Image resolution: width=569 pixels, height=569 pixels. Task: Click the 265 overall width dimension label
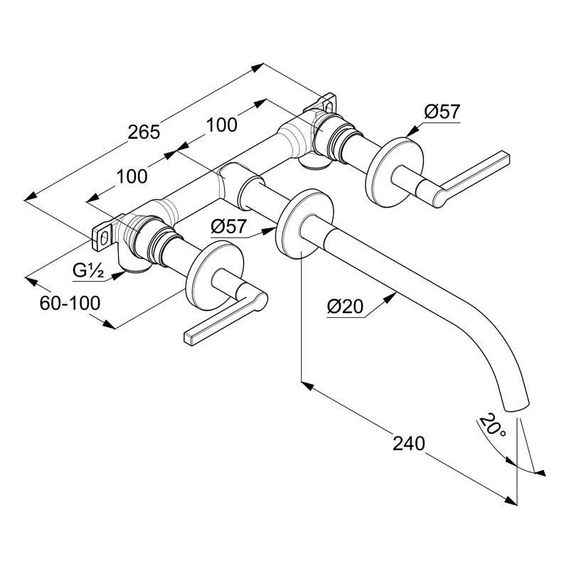pyautogui.click(x=144, y=132)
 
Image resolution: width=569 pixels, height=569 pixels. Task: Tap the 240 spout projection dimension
pyautogui.click(x=408, y=443)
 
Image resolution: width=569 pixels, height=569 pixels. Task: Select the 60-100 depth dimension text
pyautogui.click(x=70, y=303)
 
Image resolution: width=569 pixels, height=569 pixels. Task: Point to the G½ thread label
pyautogui.click(x=88, y=270)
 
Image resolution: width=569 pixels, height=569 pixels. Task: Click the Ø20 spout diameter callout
pyautogui.click(x=345, y=307)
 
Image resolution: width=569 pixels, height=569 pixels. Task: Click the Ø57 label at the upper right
pyautogui.click(x=442, y=112)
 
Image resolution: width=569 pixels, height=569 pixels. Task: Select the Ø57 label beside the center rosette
pyautogui.click(x=228, y=227)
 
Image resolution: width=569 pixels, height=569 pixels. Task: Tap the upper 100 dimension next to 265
pyautogui.click(x=222, y=125)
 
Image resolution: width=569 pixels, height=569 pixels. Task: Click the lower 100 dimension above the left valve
pyautogui.click(x=132, y=176)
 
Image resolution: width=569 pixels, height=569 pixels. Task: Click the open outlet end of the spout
pyautogui.click(x=518, y=406)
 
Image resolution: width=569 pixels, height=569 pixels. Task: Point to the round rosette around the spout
pyautogui.click(x=305, y=223)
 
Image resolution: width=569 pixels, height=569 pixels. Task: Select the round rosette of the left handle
pyautogui.click(x=214, y=275)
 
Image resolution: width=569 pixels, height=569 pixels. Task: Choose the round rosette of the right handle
pyautogui.click(x=395, y=172)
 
